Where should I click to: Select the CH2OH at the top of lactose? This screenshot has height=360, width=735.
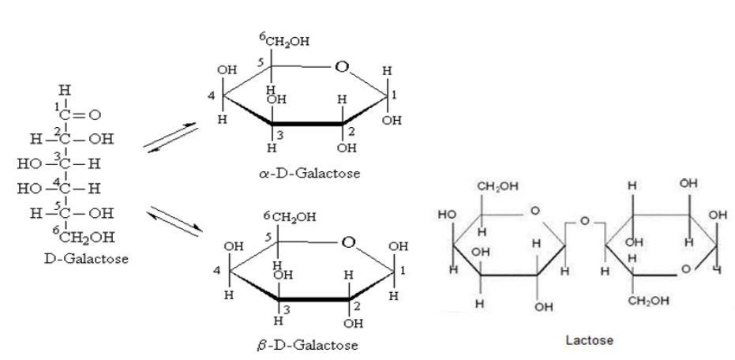coord(496,187)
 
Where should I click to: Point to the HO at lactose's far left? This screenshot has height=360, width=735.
coord(446,215)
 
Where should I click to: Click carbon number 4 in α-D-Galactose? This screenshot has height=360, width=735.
coord(211,98)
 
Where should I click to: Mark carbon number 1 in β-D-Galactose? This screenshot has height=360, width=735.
coord(403,270)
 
